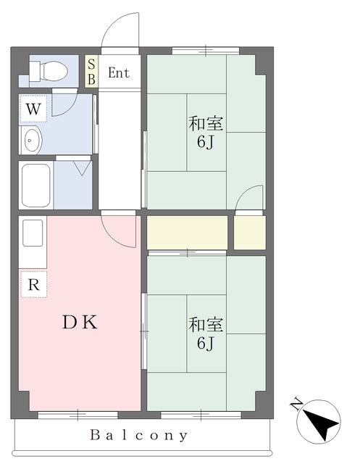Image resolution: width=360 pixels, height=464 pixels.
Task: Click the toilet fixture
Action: click(x=49, y=71)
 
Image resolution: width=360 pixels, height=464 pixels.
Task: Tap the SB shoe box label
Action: click(x=91, y=72)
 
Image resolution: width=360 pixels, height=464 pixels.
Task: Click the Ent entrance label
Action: click(x=119, y=72)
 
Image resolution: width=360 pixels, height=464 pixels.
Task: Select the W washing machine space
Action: click(x=33, y=109)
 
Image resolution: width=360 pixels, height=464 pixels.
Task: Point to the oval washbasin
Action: click(x=31, y=140)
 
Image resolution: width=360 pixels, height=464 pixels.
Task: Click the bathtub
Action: click(x=35, y=186)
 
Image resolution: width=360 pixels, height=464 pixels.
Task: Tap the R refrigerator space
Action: click(x=34, y=284)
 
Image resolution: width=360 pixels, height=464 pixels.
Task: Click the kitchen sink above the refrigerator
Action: click(x=33, y=233)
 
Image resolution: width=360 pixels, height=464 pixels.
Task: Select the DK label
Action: click(x=80, y=323)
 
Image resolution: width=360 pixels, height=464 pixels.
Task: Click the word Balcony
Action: click(x=139, y=435)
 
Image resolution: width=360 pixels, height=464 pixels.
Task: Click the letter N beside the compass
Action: click(x=296, y=405)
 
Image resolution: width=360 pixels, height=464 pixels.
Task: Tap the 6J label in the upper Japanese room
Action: click(x=206, y=143)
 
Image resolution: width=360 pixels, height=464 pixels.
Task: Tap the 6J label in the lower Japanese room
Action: click(x=206, y=343)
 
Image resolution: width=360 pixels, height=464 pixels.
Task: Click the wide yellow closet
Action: click(x=187, y=233)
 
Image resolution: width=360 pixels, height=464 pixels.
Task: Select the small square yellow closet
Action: click(x=250, y=233)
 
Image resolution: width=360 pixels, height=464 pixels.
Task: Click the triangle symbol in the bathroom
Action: click(x=82, y=168)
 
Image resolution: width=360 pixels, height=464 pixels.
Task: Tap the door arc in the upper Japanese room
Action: click(x=243, y=192)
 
